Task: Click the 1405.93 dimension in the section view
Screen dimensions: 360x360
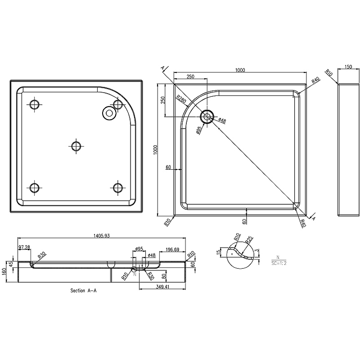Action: pos(102,235)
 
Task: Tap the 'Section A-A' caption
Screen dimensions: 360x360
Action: pos(83,290)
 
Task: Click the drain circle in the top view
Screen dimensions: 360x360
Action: pos(207,117)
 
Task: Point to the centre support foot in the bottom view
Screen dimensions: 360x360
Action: pos(76,146)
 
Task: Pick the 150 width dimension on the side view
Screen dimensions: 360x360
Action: pos(348,67)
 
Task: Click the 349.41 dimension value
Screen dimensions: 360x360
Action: pos(162,287)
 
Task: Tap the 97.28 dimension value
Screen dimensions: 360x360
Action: pos(24,247)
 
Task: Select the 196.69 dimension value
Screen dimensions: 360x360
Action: pos(172,249)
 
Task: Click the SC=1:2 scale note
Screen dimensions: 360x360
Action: pos(279,263)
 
